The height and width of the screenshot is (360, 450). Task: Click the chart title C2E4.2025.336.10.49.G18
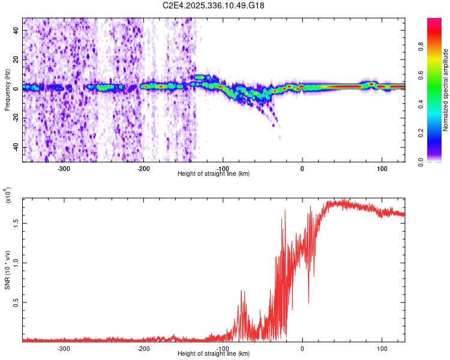click(214, 5)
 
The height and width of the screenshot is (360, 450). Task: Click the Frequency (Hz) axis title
click(7, 90)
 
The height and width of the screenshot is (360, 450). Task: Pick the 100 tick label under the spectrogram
click(382, 169)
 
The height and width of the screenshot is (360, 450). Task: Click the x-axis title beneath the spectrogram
click(214, 174)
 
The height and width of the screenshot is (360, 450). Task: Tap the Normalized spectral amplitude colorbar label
click(446, 90)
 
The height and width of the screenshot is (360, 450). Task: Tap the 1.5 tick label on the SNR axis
click(16, 223)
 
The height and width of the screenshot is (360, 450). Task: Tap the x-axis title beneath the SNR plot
click(214, 354)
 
